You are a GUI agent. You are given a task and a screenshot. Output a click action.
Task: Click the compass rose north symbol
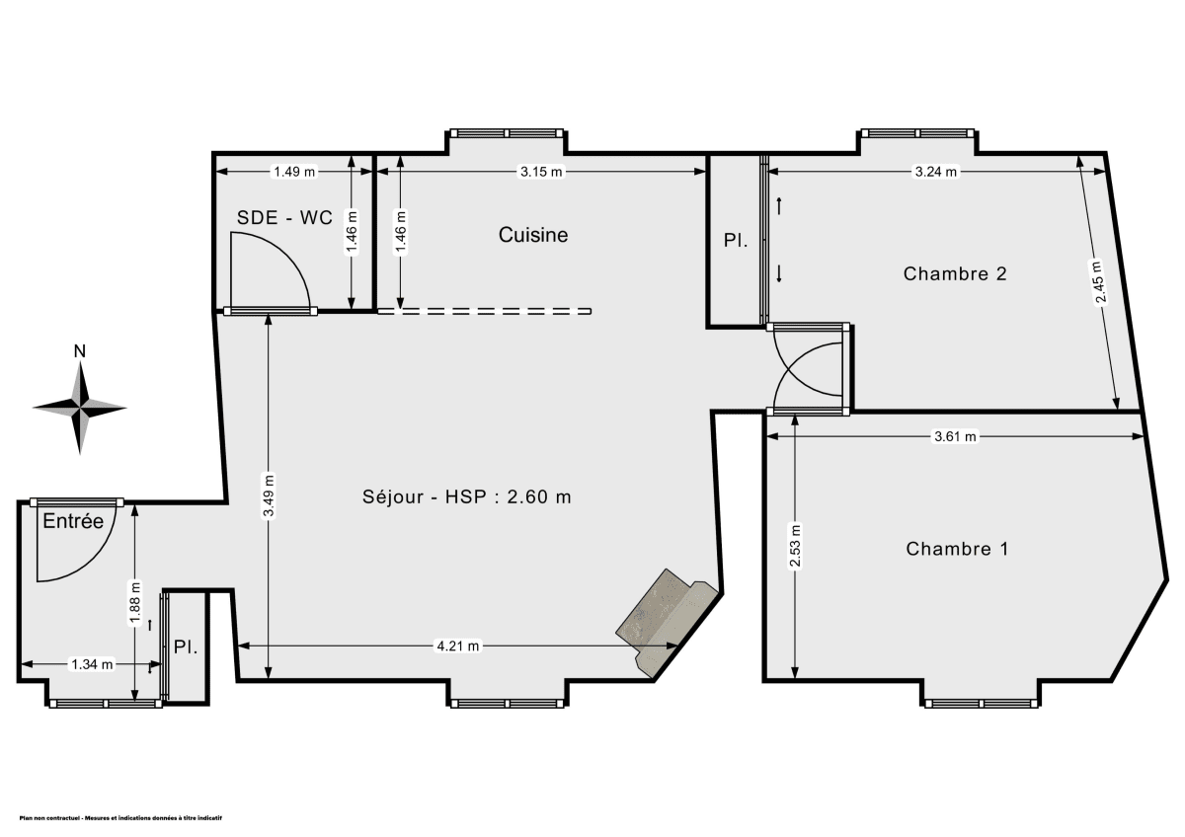(80, 405)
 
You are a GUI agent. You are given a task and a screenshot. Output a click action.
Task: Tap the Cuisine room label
(533, 235)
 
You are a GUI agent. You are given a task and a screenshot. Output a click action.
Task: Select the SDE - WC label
(283, 218)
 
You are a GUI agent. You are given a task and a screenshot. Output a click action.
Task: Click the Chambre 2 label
(954, 273)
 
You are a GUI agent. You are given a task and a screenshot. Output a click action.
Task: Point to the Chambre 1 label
(957, 549)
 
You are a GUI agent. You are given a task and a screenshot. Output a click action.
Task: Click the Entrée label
(72, 522)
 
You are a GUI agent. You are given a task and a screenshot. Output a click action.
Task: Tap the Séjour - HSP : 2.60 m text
(467, 496)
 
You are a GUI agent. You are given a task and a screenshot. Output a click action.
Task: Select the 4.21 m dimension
(458, 647)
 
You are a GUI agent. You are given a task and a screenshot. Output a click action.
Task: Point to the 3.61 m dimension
(955, 436)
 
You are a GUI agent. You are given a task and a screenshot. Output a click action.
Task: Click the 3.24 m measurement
(936, 172)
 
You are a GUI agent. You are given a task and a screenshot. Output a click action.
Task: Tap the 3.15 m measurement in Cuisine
(540, 172)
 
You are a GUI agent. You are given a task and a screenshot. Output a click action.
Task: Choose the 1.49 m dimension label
(294, 172)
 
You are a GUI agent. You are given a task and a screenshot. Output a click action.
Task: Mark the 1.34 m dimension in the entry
(91, 663)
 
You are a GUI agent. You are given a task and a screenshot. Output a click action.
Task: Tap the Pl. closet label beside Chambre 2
(735, 240)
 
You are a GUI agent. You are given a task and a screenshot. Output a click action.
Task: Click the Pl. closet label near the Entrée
(186, 647)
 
